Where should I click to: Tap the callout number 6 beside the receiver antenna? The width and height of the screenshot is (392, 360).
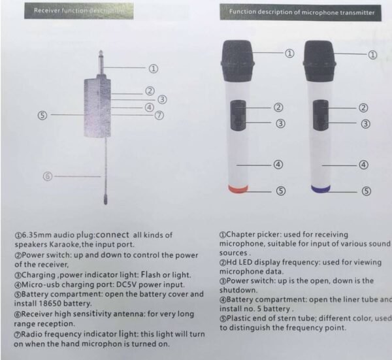[x=46, y=175]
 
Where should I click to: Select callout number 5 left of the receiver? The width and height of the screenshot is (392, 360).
[x=42, y=115]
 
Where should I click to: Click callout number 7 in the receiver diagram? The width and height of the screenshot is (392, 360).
[x=159, y=116]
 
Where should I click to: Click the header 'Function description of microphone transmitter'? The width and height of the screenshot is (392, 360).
[x=302, y=12]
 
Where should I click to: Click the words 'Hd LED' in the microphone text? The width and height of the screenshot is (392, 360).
[x=241, y=263]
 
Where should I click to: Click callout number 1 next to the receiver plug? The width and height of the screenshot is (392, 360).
[x=153, y=67]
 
